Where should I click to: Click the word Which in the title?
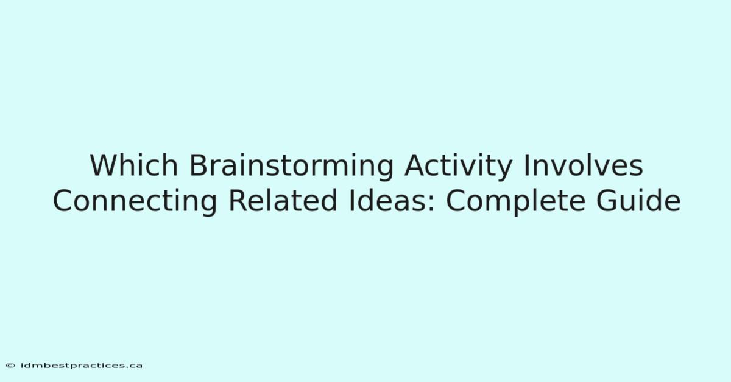click(x=134, y=165)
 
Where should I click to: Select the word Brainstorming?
click(x=291, y=167)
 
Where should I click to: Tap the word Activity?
click(x=458, y=167)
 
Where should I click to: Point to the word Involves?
click(x=584, y=165)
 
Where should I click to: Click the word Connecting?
click(x=135, y=202)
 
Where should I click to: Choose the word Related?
click(x=283, y=201)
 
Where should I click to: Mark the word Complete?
click(x=515, y=202)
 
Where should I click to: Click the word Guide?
click(x=638, y=201)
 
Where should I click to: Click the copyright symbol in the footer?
click(x=10, y=366)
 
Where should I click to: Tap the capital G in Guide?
click(x=607, y=201)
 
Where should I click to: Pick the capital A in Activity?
click(x=415, y=165)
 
